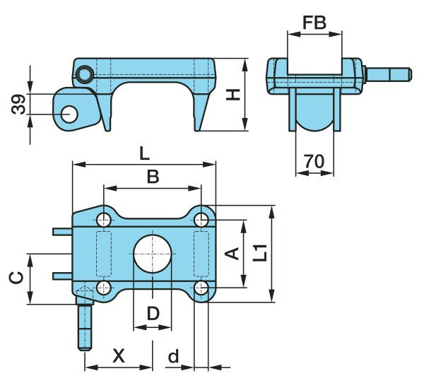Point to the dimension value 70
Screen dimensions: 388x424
(314, 162)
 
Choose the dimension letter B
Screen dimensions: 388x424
(153, 178)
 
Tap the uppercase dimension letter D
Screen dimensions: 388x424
(153, 313)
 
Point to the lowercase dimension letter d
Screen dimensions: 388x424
(173, 358)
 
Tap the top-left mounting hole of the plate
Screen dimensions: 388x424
(104, 219)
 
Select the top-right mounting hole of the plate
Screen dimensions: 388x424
(201, 219)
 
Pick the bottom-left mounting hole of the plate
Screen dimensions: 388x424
(104, 288)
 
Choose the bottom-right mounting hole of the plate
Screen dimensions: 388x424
(201, 288)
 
